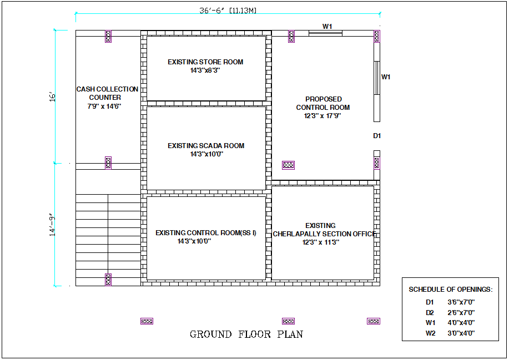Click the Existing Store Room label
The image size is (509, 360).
205,62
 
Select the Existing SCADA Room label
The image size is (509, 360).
206,146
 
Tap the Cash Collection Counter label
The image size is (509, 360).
107,93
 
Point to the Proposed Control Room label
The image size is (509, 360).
323,103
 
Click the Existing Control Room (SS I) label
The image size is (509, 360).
206,233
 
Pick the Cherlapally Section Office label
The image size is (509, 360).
324,234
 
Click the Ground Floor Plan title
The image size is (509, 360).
246,334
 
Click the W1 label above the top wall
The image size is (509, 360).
327,26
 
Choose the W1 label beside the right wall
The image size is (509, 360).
386,77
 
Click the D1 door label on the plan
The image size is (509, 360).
377,136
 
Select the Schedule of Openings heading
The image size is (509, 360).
450,290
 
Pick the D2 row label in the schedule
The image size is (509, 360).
430,313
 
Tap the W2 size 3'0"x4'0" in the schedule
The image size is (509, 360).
461,333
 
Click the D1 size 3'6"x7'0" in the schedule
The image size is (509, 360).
461,302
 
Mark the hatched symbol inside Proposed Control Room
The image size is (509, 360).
288,165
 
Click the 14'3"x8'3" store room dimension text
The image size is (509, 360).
205,70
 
